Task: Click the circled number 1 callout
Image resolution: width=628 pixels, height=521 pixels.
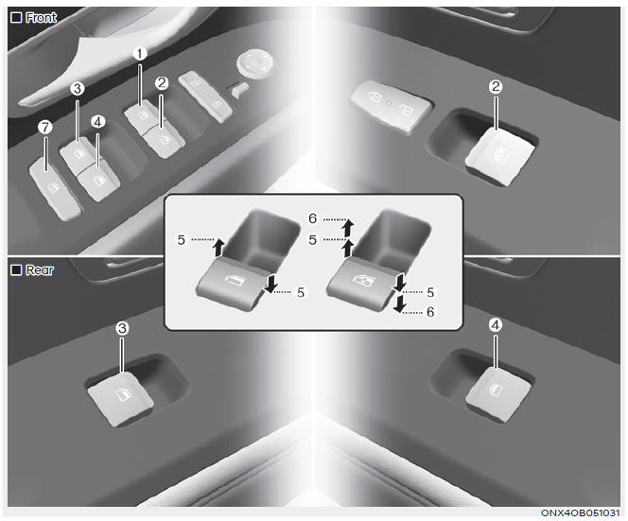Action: tap(140, 53)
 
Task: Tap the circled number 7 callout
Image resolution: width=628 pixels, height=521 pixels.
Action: tap(44, 128)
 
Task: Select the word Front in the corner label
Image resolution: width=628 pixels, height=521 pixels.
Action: tap(41, 18)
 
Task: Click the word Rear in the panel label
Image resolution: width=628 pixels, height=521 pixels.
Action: tap(40, 270)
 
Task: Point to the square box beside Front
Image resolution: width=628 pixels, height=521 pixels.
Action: tap(16, 18)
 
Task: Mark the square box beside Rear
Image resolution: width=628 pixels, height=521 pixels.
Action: tap(16, 269)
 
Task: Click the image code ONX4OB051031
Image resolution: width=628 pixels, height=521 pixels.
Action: tap(580, 513)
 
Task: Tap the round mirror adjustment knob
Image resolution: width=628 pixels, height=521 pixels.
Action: tap(255, 62)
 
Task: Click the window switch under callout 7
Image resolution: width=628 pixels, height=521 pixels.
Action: tap(55, 187)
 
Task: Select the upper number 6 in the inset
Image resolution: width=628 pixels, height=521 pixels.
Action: tap(312, 218)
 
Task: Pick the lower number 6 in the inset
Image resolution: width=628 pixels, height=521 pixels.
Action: tap(430, 311)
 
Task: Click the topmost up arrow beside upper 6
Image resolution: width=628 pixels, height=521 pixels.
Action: tap(348, 227)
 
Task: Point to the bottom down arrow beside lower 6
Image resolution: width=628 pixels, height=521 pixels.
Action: tap(399, 304)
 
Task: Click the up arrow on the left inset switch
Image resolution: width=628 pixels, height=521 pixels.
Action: tap(218, 247)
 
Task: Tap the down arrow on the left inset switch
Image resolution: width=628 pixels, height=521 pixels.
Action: tap(270, 284)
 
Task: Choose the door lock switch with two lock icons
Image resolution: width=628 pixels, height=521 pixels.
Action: tap(391, 105)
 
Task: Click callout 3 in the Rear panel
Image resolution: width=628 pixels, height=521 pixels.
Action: tap(122, 329)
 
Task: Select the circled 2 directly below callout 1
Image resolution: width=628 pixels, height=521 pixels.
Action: tap(162, 83)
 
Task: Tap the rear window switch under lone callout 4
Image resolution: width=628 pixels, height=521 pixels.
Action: tap(499, 393)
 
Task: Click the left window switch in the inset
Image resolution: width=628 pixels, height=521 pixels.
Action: tap(232, 284)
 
